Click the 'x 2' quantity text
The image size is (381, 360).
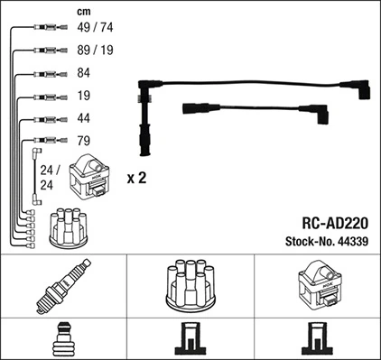136,179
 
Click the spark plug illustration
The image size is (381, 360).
62,286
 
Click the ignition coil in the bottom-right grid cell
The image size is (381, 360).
317,286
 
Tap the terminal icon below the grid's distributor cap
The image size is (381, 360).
190,340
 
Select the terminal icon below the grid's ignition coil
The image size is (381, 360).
317,340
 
